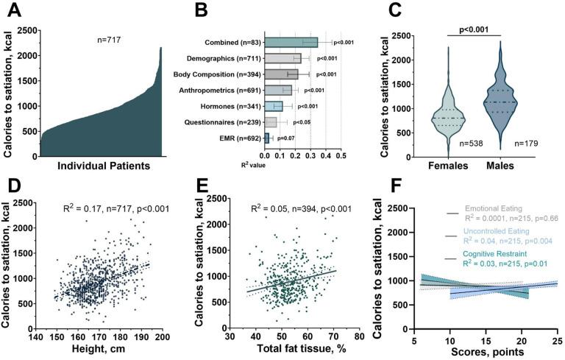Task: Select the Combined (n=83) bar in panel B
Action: click(x=291, y=42)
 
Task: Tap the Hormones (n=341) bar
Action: click(x=274, y=106)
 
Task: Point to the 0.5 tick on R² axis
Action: click(x=341, y=155)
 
